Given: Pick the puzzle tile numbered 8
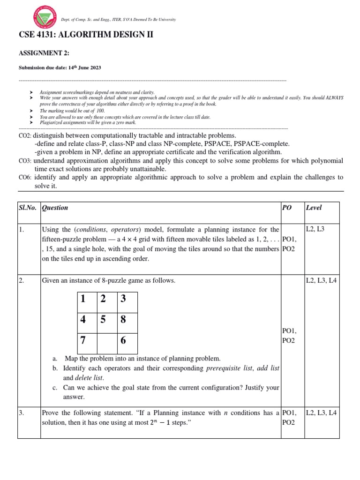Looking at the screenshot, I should click(123, 320).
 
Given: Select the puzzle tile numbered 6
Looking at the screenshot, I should click(123, 341).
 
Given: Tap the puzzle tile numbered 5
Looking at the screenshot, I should click(103, 320).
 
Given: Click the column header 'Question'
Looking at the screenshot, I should click(55, 208).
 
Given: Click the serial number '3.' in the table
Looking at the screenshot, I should click(22, 413).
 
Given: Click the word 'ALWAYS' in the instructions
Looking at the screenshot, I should click(335, 98).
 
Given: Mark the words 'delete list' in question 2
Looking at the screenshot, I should click(89, 378).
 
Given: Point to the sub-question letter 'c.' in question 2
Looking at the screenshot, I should click(55, 388).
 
